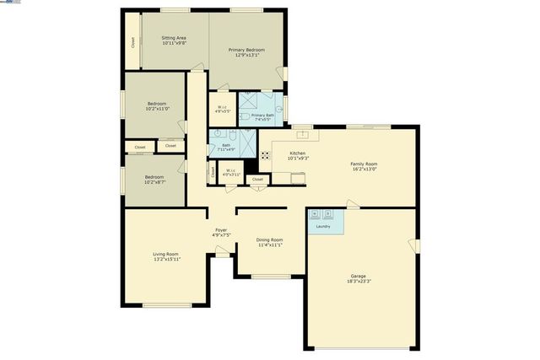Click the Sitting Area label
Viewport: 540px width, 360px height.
point(174,38)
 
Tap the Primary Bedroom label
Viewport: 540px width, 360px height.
point(247,50)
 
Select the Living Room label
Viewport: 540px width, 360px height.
point(165,254)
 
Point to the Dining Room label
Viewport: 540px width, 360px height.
point(269,240)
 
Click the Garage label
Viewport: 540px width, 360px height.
point(359,276)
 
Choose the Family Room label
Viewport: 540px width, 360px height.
point(364,164)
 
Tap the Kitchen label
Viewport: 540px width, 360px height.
point(298,153)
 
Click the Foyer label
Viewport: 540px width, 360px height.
point(221,230)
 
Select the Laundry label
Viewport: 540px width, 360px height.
point(322,227)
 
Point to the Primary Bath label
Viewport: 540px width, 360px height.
point(262,115)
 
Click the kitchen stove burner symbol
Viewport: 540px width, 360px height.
point(264,155)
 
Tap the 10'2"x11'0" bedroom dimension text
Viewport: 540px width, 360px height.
point(157,109)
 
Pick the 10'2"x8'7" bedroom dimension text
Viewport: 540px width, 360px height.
point(154,182)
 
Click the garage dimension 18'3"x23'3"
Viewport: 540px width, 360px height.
point(359,281)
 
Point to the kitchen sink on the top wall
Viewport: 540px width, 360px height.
point(301,134)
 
